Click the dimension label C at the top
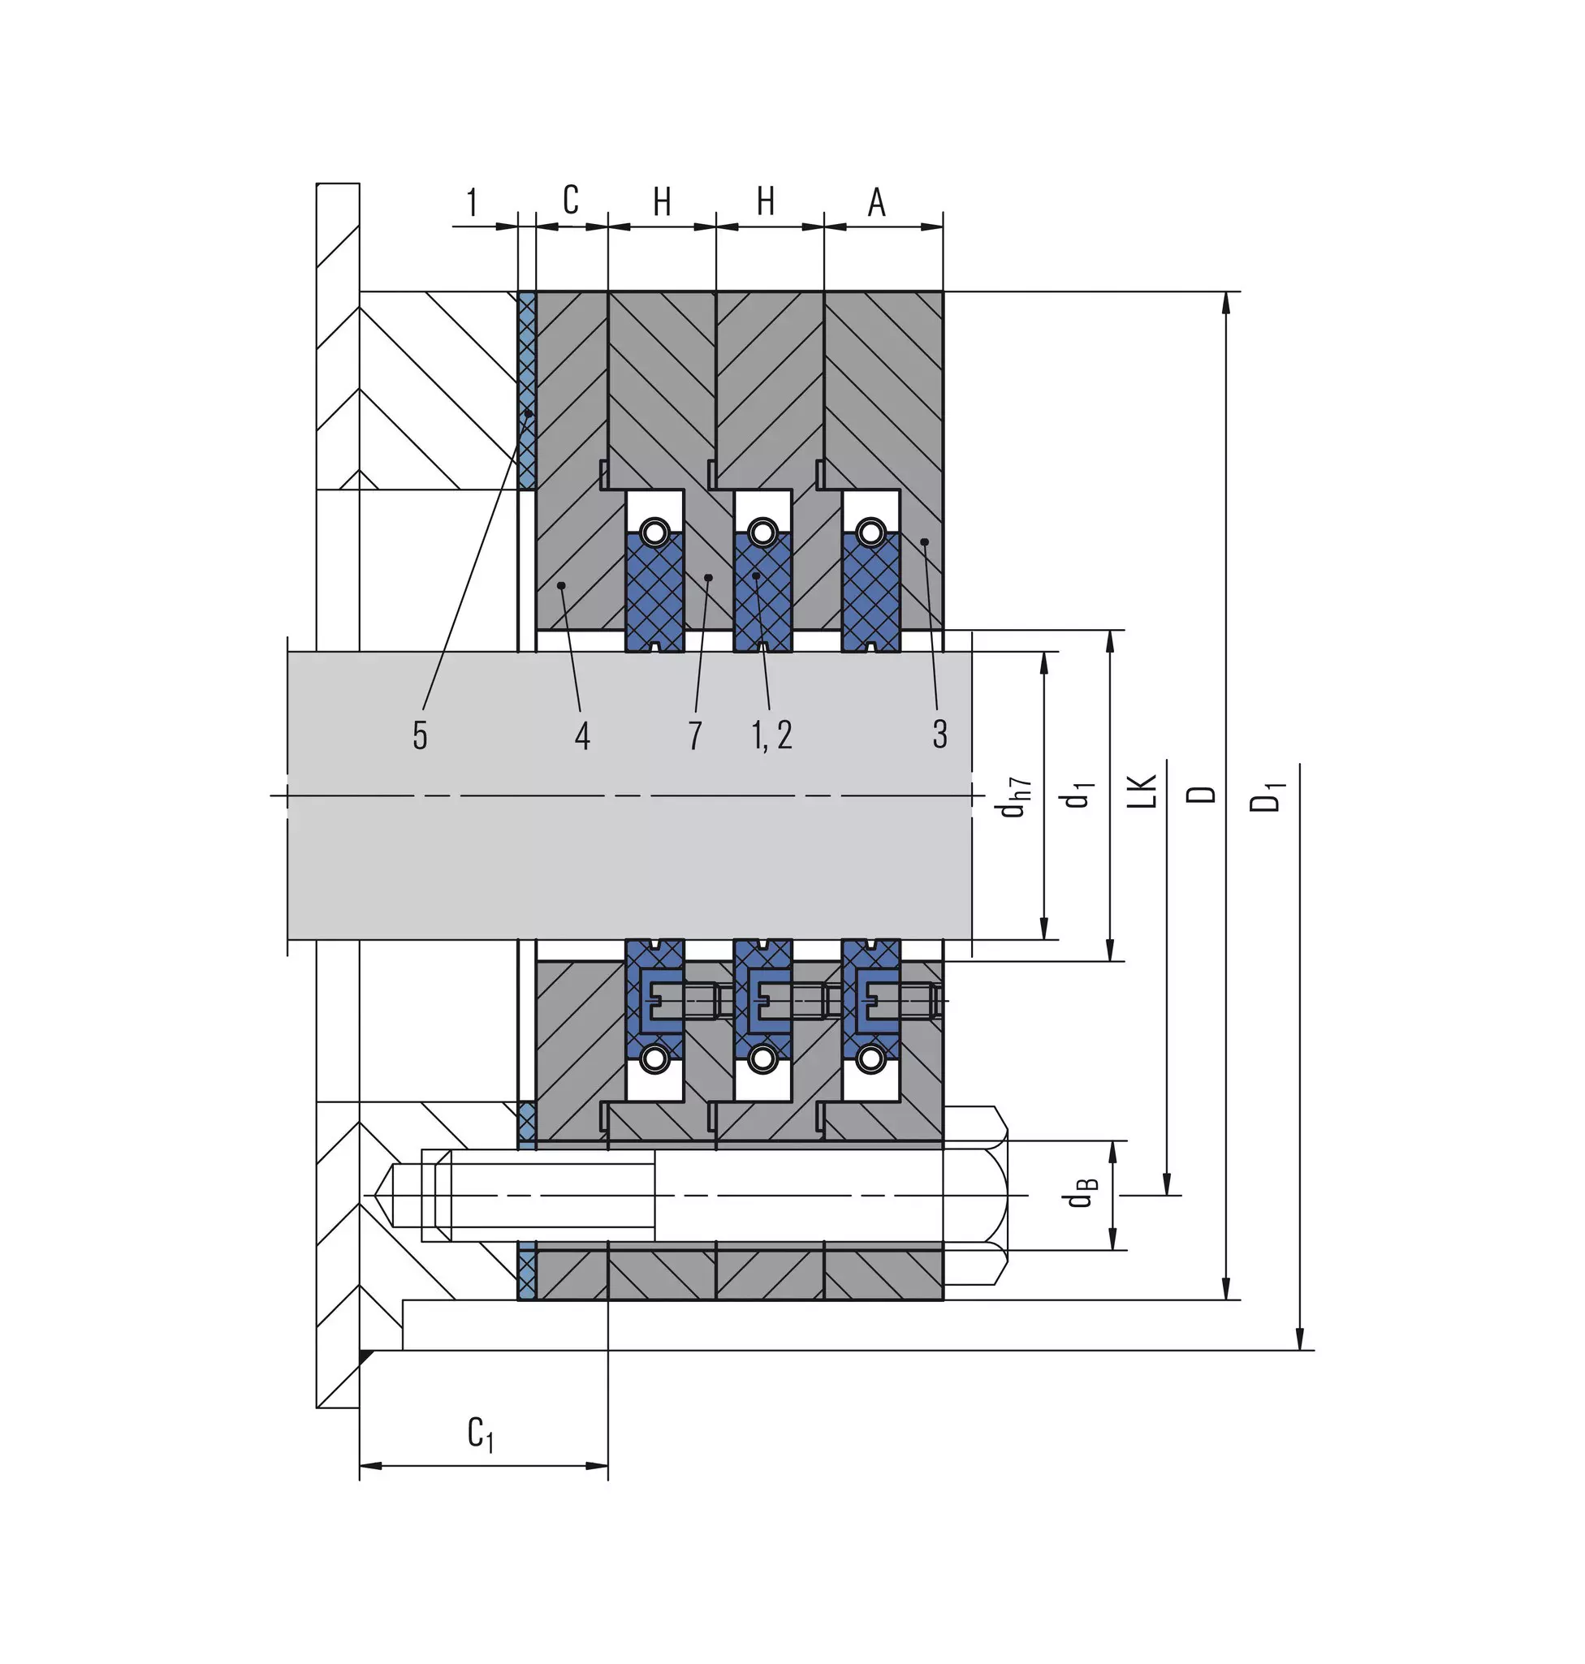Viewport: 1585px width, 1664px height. click(571, 200)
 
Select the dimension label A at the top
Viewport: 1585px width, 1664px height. click(877, 203)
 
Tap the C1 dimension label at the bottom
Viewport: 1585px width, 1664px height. click(481, 1433)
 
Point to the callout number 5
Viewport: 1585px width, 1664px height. click(420, 735)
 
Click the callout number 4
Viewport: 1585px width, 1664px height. click(582, 735)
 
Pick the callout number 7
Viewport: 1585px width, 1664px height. click(694, 735)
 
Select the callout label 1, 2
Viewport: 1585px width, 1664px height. click(772, 735)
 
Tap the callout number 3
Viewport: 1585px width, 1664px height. click(939, 734)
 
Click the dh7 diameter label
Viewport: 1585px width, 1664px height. click(1014, 796)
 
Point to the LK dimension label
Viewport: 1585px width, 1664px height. click(1142, 791)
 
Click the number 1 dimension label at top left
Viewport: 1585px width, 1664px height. click(472, 203)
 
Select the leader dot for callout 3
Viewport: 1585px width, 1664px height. click(924, 541)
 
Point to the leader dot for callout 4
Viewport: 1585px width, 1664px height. click(561, 584)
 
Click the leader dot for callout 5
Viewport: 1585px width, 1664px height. click(527, 413)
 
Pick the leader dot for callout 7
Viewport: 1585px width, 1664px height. click(708, 578)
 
